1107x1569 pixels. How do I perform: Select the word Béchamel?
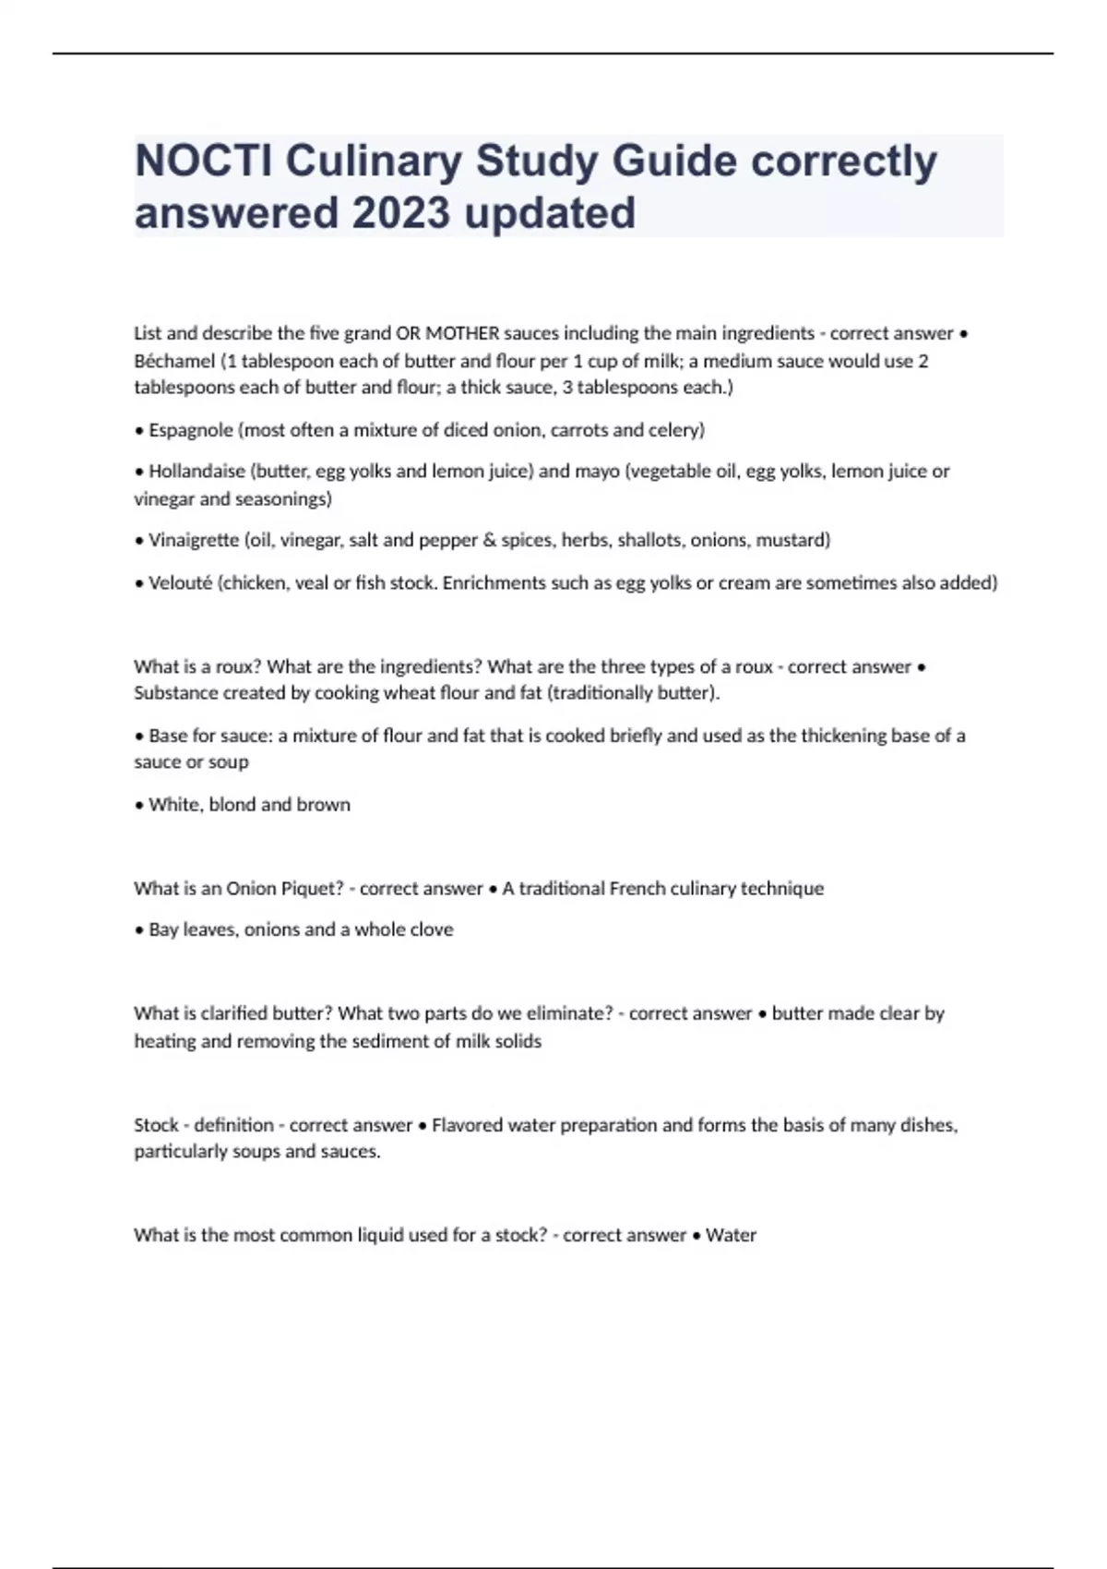click(174, 361)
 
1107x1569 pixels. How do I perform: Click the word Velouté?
click(180, 583)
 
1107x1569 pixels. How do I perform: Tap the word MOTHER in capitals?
click(462, 333)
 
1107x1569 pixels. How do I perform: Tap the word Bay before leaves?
click(163, 930)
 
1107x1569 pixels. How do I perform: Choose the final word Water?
click(731, 1235)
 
